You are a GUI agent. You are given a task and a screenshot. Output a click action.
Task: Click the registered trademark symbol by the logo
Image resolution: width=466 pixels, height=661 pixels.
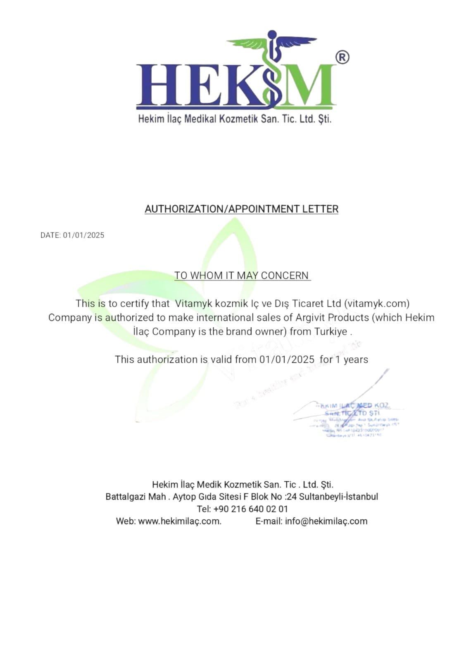point(342,57)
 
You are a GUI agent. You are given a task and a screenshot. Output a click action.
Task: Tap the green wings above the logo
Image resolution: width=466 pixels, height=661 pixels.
point(271,42)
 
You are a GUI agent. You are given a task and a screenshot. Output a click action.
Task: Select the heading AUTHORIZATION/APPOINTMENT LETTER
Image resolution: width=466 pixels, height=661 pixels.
point(242,209)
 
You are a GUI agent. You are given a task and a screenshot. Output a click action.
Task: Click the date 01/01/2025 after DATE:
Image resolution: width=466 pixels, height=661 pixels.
point(83,235)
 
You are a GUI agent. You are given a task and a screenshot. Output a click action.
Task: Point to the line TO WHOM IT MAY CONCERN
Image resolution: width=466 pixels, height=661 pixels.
point(242,276)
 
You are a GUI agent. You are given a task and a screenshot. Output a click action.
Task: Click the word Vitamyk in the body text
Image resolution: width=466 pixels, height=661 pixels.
point(193,304)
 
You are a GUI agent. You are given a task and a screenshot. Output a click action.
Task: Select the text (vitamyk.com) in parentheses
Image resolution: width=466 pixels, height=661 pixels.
point(377,304)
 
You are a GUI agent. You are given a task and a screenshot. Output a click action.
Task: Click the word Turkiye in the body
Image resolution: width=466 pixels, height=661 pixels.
point(330,332)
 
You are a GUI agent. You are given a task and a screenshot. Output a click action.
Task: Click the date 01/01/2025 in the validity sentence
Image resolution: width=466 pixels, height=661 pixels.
point(287,359)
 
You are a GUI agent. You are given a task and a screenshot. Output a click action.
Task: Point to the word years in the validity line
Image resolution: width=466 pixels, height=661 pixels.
point(356,359)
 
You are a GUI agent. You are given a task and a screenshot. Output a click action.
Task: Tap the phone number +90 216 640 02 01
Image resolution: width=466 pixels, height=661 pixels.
point(251,509)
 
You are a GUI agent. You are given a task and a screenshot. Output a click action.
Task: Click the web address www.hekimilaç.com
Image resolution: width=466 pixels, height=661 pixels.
point(179,521)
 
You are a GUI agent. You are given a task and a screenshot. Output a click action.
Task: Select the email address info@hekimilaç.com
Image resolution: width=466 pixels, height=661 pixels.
point(326,521)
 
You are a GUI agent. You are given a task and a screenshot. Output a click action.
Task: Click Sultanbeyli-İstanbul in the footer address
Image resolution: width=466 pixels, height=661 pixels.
point(338,497)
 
